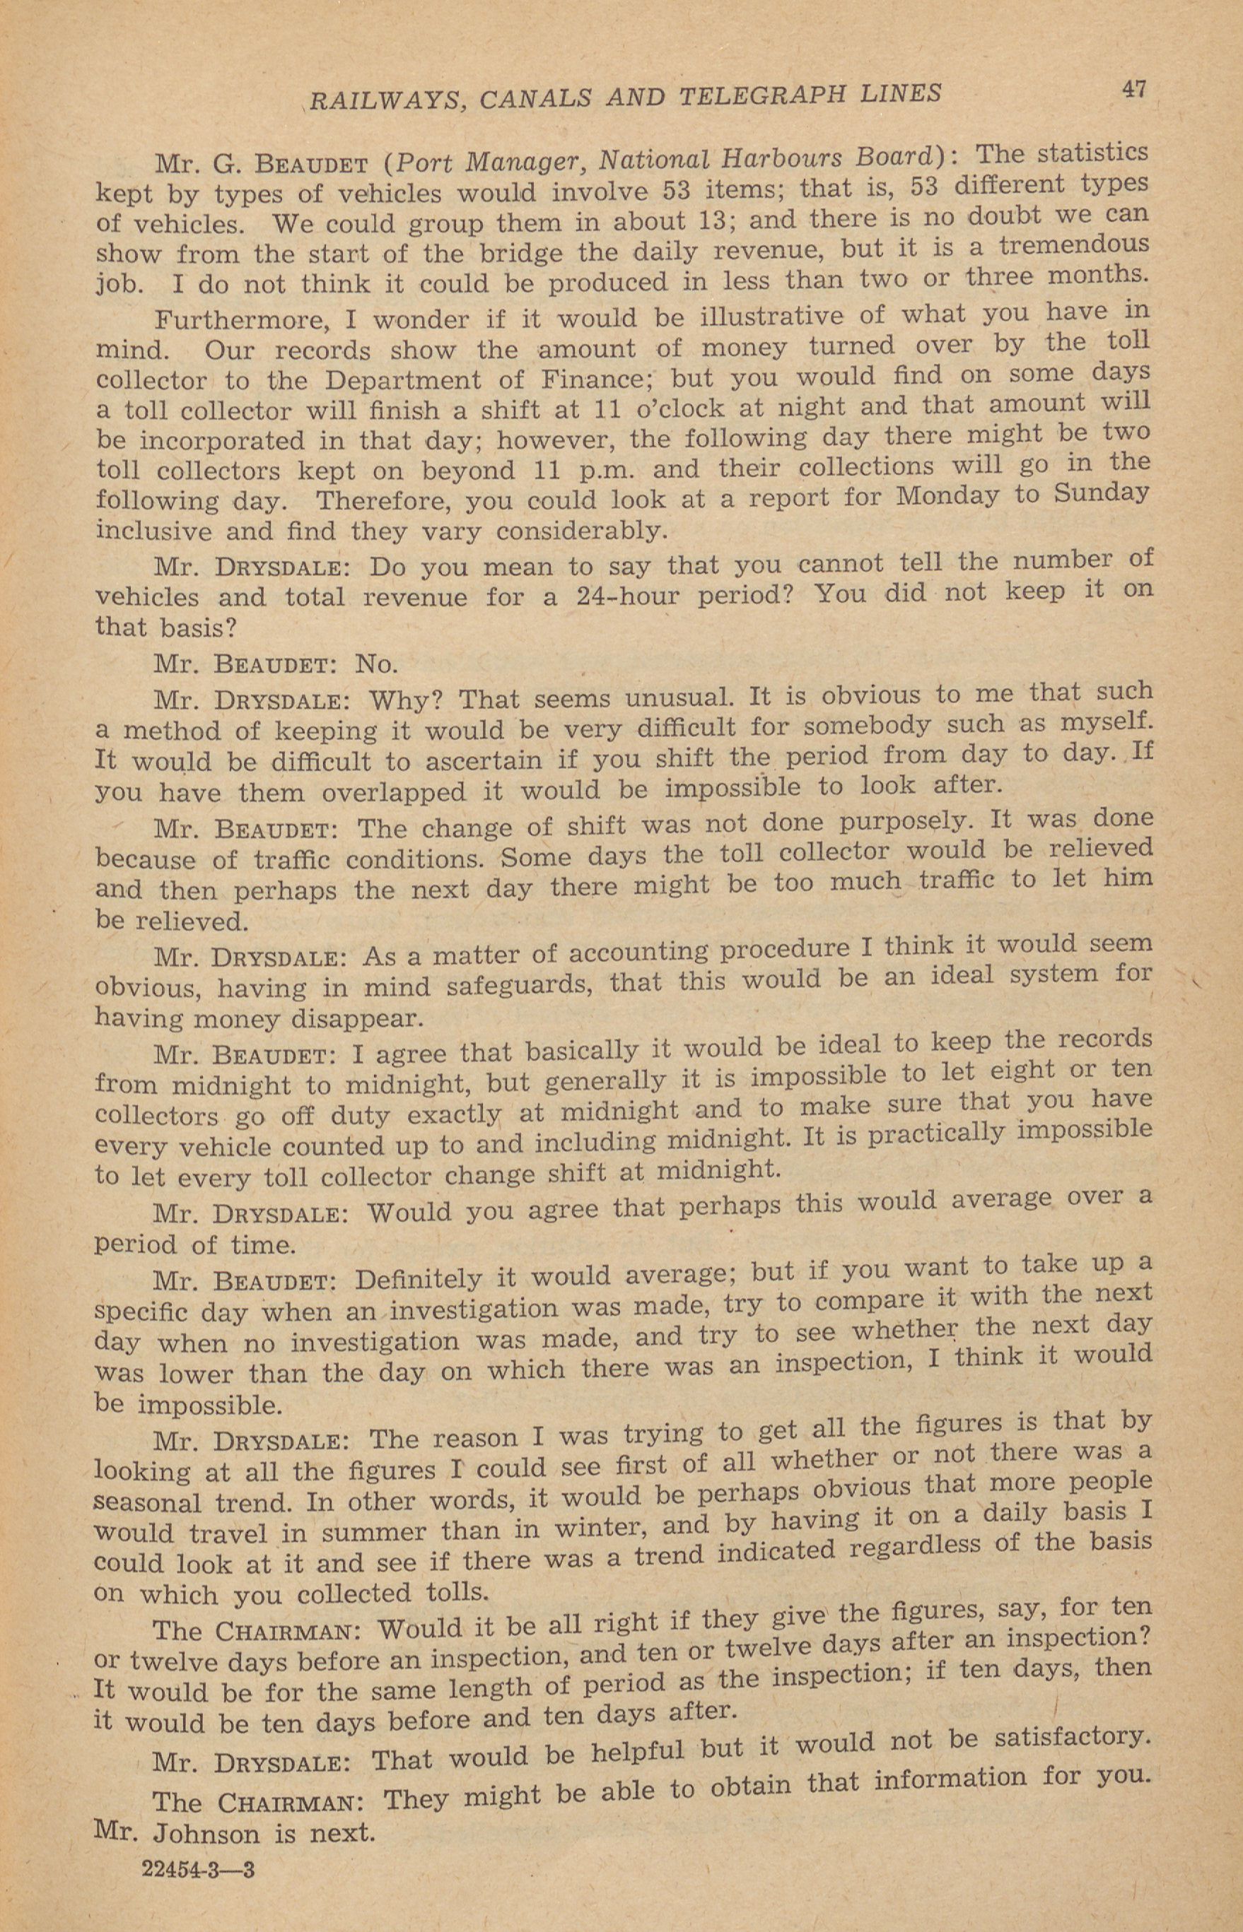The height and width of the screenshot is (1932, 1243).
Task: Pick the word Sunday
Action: pos(1101,491)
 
